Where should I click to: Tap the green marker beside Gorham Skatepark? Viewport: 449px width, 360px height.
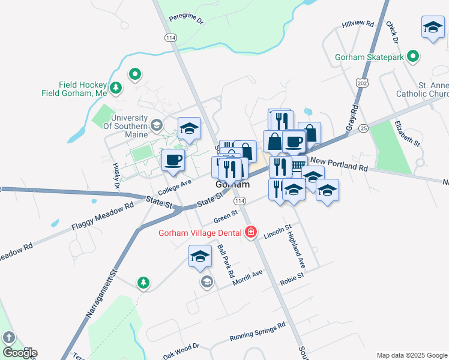click(412, 58)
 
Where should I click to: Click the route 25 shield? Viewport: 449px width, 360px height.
click(363, 128)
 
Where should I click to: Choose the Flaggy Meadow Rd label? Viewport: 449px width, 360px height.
click(101, 217)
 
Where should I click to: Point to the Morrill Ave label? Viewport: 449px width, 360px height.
click(249, 275)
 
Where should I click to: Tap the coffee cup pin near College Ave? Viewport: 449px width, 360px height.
click(173, 161)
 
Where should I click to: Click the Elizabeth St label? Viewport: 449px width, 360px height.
click(407, 133)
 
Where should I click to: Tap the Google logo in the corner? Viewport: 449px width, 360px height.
click(19, 353)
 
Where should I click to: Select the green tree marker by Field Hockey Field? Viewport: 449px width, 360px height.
click(116, 88)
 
